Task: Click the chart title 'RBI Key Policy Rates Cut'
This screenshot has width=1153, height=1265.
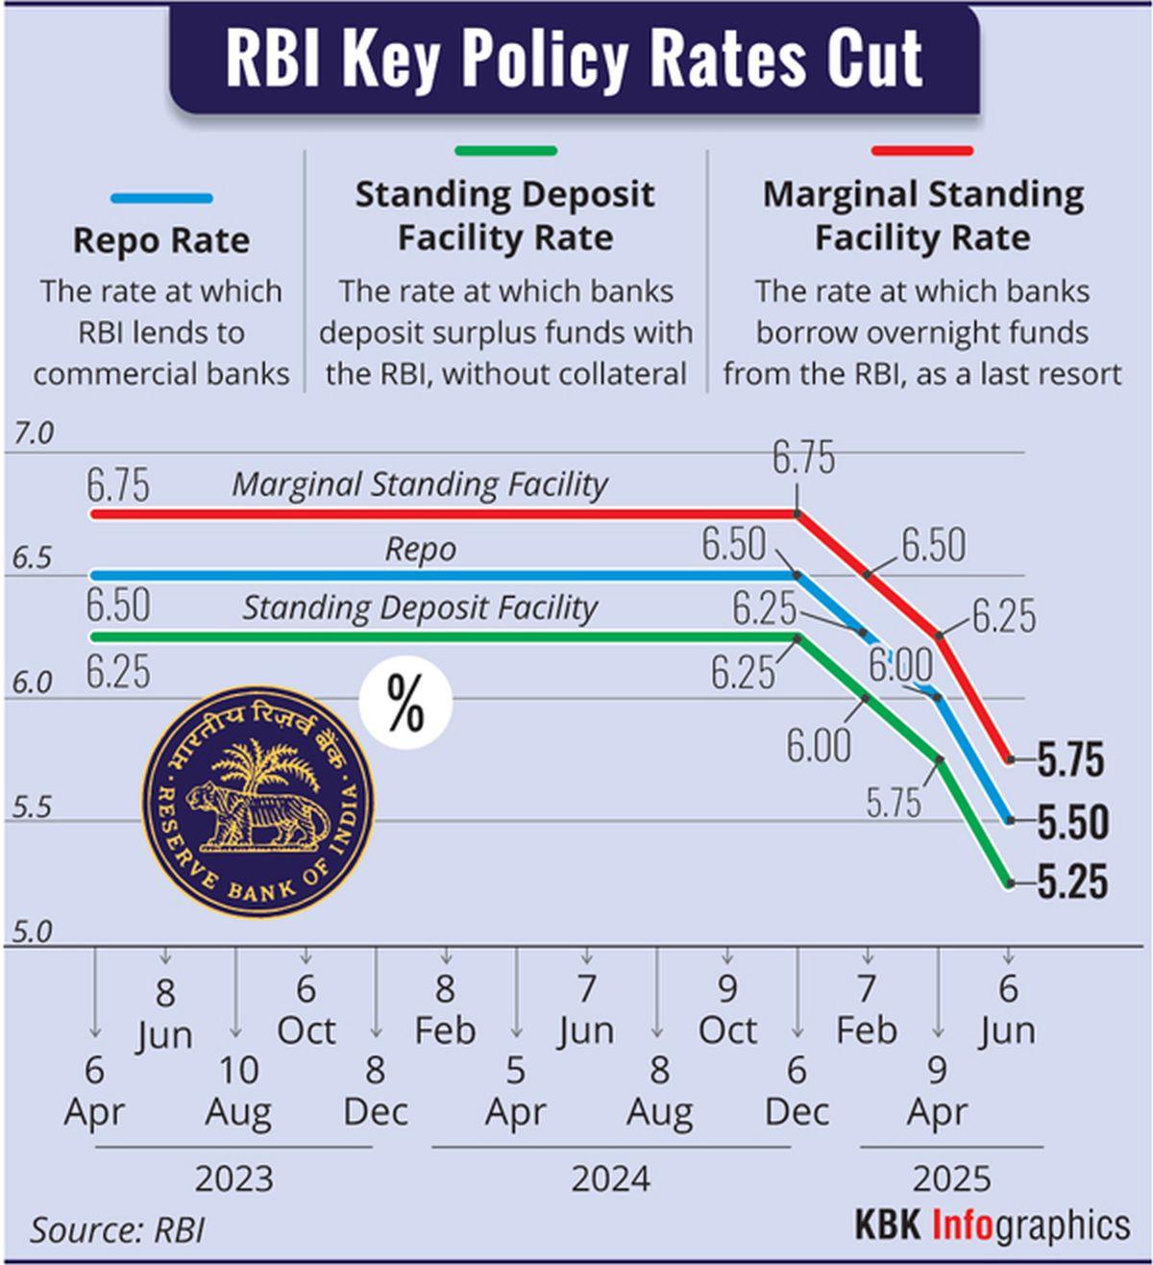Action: point(575,60)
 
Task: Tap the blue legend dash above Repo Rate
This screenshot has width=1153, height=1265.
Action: point(161,199)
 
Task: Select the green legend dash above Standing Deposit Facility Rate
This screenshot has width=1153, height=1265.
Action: point(505,151)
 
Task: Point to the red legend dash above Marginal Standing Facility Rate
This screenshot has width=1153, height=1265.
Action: point(922,151)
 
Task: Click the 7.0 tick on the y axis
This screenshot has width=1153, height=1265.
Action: point(34,434)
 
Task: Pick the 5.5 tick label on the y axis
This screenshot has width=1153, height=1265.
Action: point(32,808)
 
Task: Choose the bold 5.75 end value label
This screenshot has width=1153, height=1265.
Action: point(1071,760)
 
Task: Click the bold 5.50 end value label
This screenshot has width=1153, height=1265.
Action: point(1072,822)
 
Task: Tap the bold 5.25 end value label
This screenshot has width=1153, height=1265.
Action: point(1072,882)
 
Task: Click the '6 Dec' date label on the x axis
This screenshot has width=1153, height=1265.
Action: point(797,1090)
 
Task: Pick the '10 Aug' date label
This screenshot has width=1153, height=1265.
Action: point(238,1090)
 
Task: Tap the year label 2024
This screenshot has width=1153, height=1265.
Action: point(611,1178)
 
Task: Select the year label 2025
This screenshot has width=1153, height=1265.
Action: point(951,1178)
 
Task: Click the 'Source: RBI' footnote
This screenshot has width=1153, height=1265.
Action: point(117,1229)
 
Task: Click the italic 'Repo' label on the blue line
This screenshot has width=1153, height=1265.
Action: point(420,550)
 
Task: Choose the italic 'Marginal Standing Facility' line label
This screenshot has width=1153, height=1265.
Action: point(420,484)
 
